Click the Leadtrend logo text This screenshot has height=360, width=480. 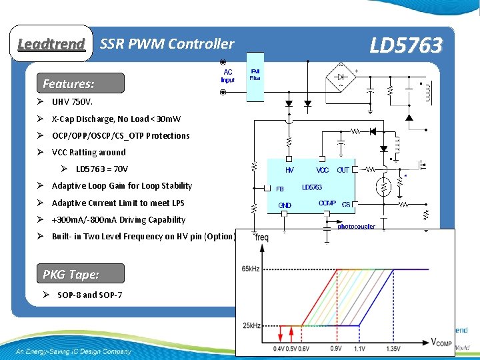[x=51, y=44]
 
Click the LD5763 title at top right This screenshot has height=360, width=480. [x=405, y=45]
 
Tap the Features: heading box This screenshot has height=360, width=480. [x=69, y=84]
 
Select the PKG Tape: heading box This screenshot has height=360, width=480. [x=71, y=274]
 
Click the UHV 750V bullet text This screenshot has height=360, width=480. [x=73, y=103]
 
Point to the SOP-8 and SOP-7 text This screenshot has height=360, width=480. [x=89, y=295]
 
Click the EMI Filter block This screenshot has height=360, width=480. [x=255, y=74]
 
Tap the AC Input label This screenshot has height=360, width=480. [x=228, y=75]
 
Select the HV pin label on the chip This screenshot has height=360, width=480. [x=289, y=170]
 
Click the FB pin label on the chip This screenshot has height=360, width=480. [x=280, y=188]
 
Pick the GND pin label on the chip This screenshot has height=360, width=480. [x=285, y=205]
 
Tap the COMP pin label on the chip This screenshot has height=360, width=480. [x=327, y=203]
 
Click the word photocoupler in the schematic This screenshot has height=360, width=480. [x=356, y=226]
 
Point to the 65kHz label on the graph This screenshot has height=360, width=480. [x=250, y=269]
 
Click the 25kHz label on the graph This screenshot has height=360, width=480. [x=250, y=325]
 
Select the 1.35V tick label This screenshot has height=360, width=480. [x=393, y=348]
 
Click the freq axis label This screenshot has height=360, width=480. [x=261, y=237]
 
